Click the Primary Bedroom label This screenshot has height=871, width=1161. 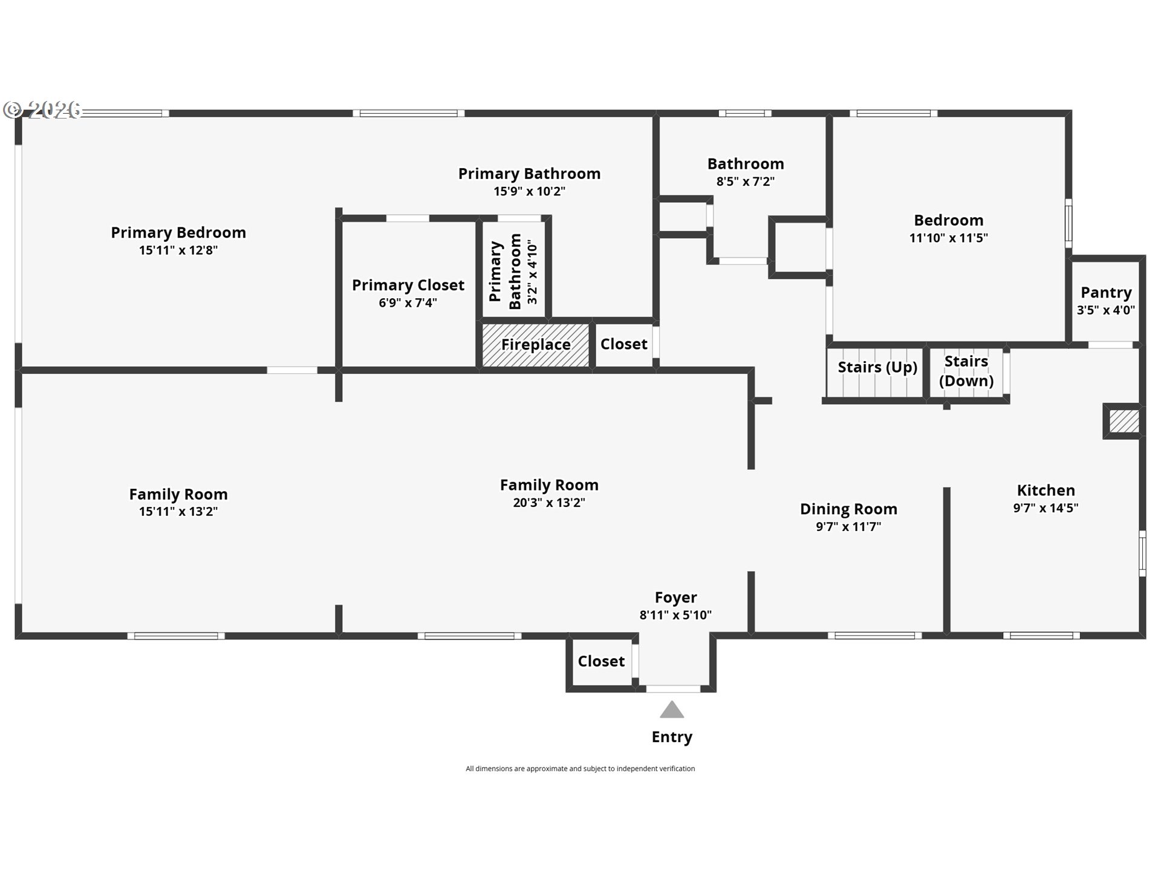pyautogui.click(x=178, y=233)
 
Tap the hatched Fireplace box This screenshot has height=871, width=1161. pyautogui.click(x=536, y=345)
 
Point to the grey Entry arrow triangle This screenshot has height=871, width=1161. pyautogui.click(x=672, y=710)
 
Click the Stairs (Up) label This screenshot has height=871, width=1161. pyautogui.click(x=877, y=367)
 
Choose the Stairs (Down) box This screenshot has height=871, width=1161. pyautogui.click(x=966, y=371)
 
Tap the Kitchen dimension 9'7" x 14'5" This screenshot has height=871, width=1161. pyautogui.click(x=1046, y=508)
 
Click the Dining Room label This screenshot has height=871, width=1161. pyautogui.click(x=848, y=509)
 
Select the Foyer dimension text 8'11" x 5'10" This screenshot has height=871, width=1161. pyautogui.click(x=675, y=615)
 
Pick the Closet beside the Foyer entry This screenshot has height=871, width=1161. pyautogui.click(x=601, y=662)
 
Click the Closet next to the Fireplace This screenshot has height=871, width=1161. pyautogui.click(x=623, y=344)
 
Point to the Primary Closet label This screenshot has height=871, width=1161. pyautogui.click(x=408, y=285)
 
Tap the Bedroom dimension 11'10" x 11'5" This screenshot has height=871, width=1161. pyautogui.click(x=948, y=238)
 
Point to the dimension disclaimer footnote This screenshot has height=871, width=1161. pyautogui.click(x=580, y=769)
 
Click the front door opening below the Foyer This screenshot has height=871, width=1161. pyautogui.click(x=673, y=689)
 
